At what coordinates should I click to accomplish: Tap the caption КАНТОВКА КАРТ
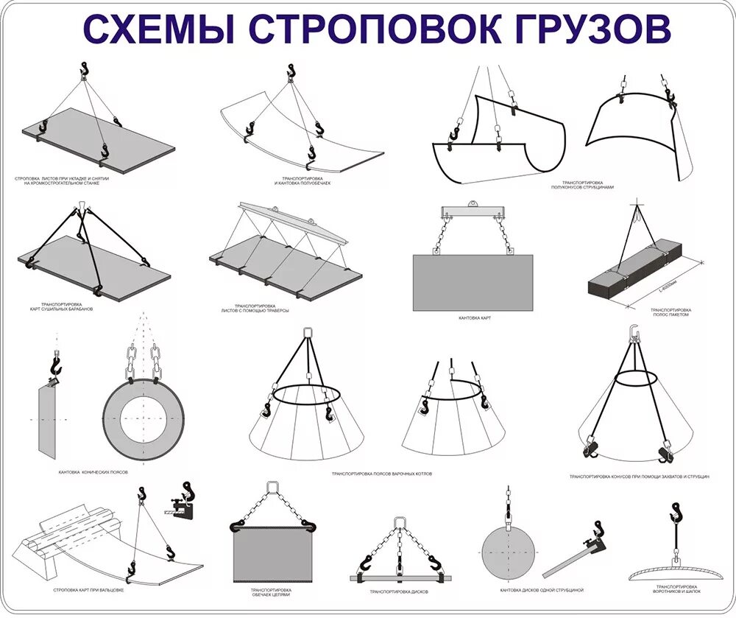474,317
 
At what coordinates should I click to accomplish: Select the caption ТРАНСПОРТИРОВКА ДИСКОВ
399,591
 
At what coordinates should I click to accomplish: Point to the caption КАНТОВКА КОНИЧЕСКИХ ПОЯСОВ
94,471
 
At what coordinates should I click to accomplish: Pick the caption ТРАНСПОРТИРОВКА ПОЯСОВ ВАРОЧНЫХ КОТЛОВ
382,474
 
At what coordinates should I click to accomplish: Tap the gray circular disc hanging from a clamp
506,552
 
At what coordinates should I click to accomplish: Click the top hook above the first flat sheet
85,70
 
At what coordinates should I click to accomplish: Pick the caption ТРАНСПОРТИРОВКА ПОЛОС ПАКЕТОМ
671,313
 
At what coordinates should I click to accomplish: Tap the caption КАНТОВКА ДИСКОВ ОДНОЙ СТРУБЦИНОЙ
542,590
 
